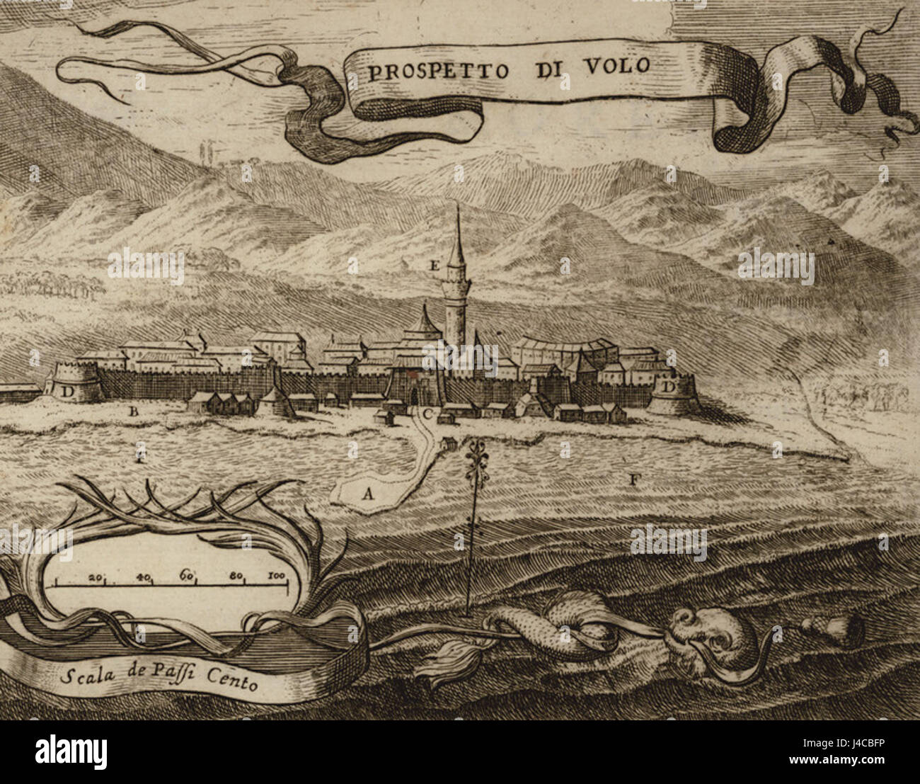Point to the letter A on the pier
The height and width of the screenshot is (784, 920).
click(x=367, y=494)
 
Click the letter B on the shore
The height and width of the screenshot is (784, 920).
click(x=131, y=410)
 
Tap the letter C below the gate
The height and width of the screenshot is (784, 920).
click(x=427, y=414)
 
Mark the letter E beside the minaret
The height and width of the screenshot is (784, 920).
click(x=435, y=266)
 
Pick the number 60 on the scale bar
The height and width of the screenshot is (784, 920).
click(x=188, y=574)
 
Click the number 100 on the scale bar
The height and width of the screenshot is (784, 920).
click(x=276, y=576)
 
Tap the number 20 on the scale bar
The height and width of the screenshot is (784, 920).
click(x=96, y=576)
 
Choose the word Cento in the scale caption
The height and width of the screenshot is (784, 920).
click(x=233, y=683)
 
